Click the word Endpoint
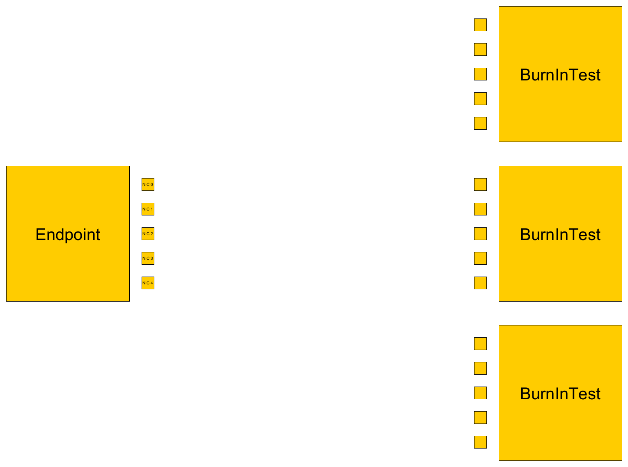point(68,235)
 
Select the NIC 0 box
point(148,184)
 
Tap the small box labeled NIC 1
point(148,209)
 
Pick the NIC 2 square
point(148,233)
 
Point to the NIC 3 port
point(148,258)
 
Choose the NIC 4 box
point(148,283)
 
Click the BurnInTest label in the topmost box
point(560,75)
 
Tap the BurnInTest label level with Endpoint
point(560,234)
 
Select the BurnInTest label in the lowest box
point(560,394)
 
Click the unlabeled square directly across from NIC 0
point(480,184)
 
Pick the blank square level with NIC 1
point(480,209)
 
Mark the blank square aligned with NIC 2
point(480,233)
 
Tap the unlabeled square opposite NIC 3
point(480,258)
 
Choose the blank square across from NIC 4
point(480,283)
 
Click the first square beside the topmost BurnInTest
point(480,25)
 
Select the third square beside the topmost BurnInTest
point(480,74)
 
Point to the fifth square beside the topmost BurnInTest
point(480,123)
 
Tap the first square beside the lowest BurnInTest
point(480,343)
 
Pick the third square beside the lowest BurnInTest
point(480,393)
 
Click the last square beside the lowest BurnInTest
point(480,442)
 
